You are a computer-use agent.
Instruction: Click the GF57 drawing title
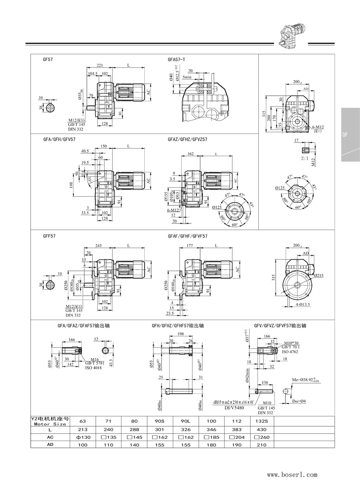point(47,59)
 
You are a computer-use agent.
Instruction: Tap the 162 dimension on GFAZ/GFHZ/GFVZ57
point(190,154)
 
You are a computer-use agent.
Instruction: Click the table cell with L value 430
point(262,430)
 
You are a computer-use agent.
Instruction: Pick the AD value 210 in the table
point(262,444)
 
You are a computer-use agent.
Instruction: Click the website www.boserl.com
point(292,474)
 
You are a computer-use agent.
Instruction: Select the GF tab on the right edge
point(345,134)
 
